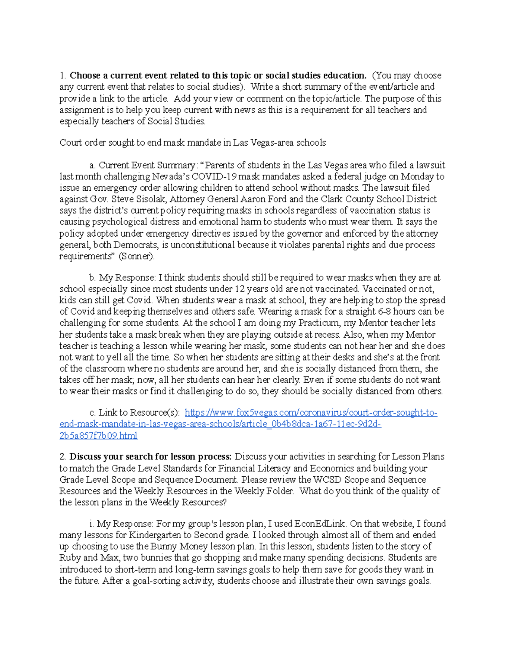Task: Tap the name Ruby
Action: point(70,558)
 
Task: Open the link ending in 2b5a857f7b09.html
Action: point(99,435)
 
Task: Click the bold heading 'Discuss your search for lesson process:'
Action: point(151,457)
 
